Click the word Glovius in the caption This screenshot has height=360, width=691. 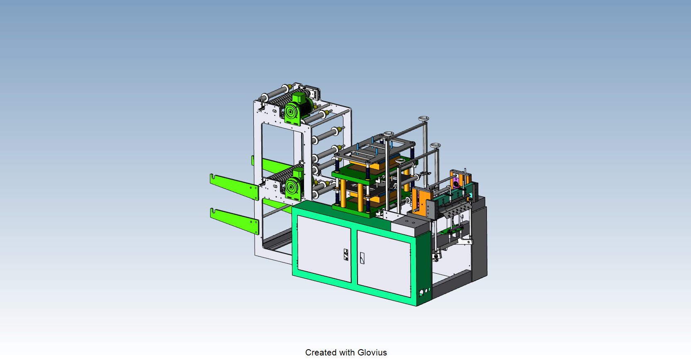click(x=372, y=352)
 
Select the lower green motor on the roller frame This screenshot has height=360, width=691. click(x=294, y=185)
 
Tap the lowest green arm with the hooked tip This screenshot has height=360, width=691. click(x=234, y=221)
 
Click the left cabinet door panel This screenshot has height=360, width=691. click(x=324, y=248)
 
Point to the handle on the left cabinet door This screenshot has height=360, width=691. click(x=346, y=255)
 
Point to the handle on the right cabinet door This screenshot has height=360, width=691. click(x=362, y=258)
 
